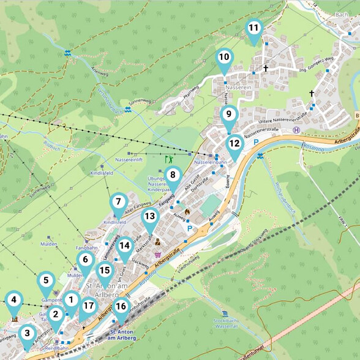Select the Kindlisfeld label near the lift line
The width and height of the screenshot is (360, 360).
(84, 174)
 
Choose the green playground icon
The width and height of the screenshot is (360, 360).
(168, 159)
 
